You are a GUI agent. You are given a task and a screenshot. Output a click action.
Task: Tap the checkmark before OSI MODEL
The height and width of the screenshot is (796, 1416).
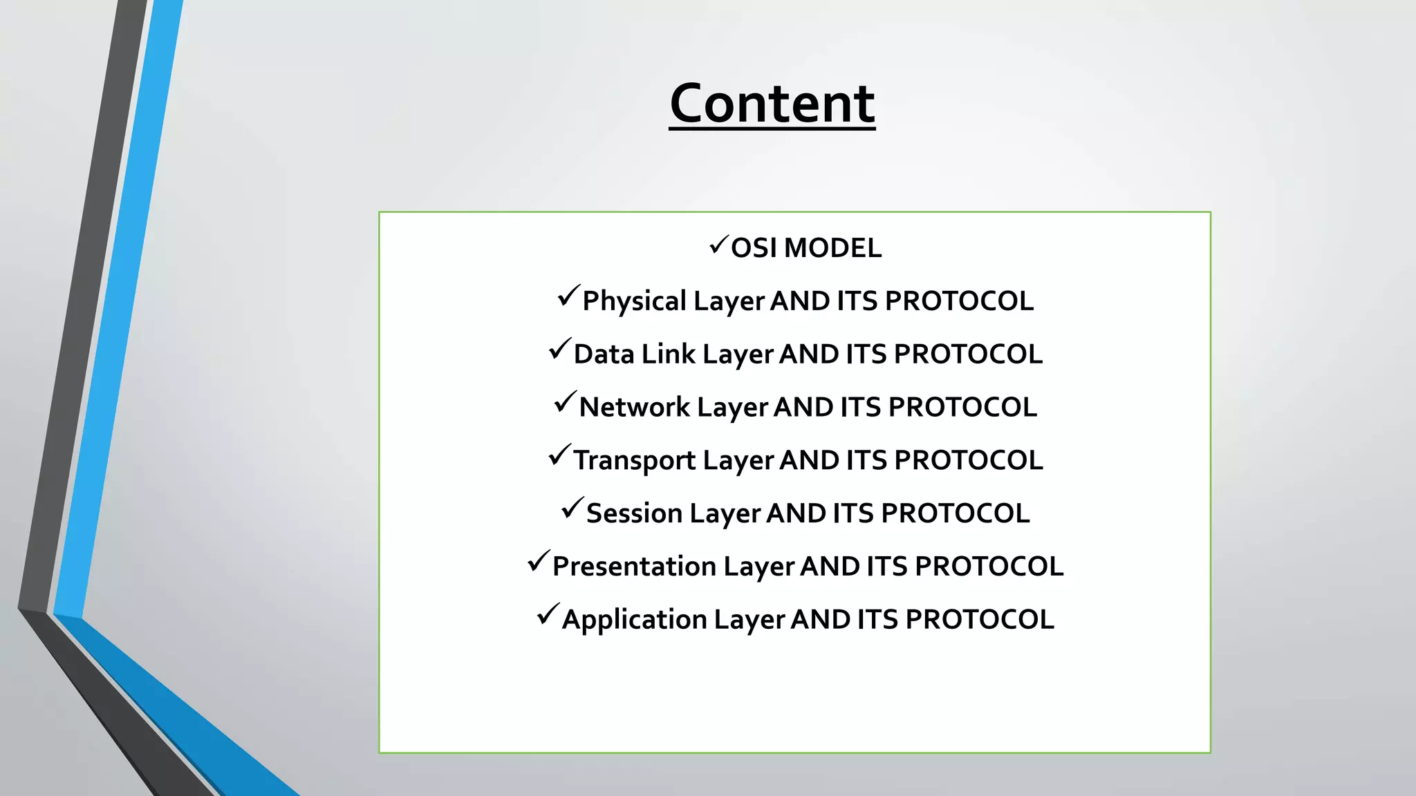tap(718, 245)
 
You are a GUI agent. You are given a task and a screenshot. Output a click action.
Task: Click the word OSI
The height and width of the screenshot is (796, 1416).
tap(754, 248)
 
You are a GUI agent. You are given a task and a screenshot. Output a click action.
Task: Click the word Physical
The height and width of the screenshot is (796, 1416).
tap(634, 302)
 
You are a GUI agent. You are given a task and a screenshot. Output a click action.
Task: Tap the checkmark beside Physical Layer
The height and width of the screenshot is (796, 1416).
tap(568, 296)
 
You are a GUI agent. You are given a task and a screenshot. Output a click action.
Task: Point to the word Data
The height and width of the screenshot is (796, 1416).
tap(604, 354)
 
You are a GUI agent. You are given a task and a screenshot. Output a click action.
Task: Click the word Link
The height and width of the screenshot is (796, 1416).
tap(668, 354)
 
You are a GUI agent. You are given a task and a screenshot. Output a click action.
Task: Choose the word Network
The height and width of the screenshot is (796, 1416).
tap(634, 408)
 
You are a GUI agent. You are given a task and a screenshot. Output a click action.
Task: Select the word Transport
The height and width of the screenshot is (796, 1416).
tap(634, 461)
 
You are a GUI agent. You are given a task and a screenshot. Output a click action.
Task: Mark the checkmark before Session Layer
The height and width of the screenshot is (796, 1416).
tap(572, 509)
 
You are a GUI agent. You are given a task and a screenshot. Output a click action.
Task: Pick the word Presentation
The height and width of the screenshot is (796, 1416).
tap(634, 567)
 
